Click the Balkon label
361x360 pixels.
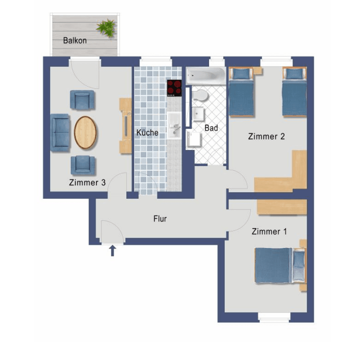[x=75, y=41]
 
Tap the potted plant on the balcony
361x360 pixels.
[x=106, y=28]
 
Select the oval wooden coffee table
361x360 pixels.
[x=85, y=133]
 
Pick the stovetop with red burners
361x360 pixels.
[x=174, y=88]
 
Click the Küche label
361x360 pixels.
[x=147, y=133]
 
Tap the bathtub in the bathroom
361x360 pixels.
[x=205, y=75]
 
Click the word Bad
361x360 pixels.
[x=211, y=128]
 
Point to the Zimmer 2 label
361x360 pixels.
[x=266, y=136]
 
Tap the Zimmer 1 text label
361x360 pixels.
[x=269, y=232]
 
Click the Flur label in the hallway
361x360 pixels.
[x=160, y=219]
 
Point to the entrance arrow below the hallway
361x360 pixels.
[x=112, y=251]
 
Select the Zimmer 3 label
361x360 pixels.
[x=87, y=182]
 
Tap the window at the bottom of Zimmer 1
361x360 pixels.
[x=274, y=317]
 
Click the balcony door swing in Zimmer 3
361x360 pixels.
[x=85, y=75]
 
